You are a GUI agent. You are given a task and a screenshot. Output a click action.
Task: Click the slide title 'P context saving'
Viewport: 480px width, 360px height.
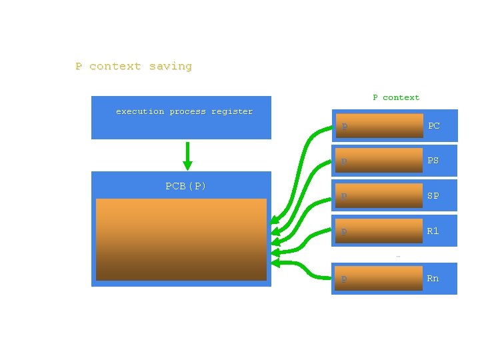133,66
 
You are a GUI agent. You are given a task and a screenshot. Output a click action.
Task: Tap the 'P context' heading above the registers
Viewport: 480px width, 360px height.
396,97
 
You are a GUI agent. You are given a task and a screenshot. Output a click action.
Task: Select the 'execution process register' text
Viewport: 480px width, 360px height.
184,111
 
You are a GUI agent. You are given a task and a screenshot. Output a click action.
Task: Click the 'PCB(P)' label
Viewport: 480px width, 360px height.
185,186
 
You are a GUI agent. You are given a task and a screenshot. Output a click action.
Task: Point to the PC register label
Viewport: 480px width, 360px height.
433,125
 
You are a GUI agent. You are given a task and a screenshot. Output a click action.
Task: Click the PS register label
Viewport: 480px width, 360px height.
433,161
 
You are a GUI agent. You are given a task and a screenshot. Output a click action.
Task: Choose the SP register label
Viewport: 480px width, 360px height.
433,196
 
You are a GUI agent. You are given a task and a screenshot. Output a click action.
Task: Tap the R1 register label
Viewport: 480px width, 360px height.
433,231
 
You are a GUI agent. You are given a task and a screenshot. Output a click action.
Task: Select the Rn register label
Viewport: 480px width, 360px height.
433,278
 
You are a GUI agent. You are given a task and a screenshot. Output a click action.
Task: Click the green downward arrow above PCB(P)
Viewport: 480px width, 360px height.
187,156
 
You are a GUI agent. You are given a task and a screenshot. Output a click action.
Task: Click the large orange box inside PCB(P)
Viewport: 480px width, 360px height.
181,239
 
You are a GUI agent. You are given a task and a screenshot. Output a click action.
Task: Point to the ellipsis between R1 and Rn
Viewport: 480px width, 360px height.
398,255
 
